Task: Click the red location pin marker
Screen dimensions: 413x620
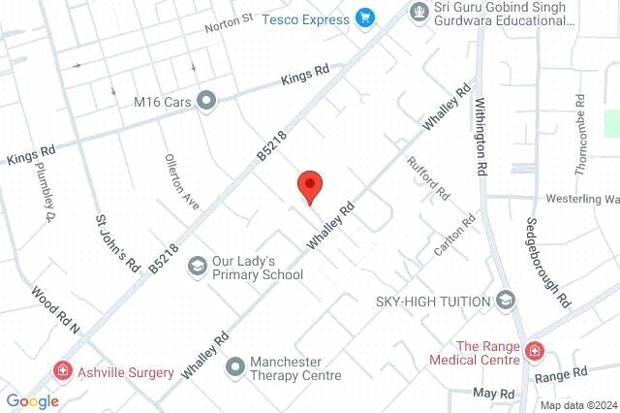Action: point(309,185)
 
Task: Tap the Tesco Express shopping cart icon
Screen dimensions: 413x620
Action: point(365,16)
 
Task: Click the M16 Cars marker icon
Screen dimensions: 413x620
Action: point(205,99)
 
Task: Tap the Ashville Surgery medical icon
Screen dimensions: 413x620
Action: point(63,371)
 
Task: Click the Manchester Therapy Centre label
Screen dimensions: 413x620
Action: point(295,368)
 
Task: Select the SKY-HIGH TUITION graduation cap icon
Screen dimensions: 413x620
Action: point(505,301)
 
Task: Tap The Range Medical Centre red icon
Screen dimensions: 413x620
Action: point(535,351)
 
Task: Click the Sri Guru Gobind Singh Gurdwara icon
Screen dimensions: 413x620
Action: point(419,12)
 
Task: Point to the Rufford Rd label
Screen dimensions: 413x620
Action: point(429,178)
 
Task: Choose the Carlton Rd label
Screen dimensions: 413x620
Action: point(455,235)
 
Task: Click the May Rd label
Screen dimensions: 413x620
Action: point(494,393)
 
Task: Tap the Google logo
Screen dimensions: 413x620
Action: point(32,401)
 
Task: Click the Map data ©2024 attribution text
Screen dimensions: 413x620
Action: point(577,405)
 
